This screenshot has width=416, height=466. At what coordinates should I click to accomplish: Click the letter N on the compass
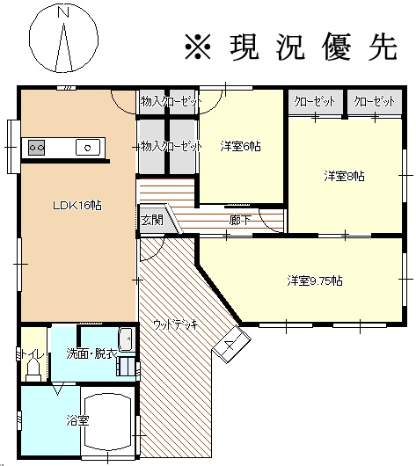click(x=63, y=12)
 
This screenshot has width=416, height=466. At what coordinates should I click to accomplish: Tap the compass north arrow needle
click(x=63, y=47)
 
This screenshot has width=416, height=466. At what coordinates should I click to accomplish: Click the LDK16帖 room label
click(x=77, y=206)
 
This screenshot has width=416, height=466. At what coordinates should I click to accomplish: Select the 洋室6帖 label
click(x=241, y=146)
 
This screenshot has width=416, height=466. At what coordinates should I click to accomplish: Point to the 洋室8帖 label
click(x=344, y=176)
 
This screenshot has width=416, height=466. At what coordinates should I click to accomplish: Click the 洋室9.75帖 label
click(x=315, y=280)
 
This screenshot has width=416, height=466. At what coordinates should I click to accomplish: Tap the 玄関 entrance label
click(x=152, y=220)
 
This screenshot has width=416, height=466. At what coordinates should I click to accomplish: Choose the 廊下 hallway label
click(x=240, y=220)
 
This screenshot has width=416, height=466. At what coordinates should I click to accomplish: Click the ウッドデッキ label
click(x=176, y=324)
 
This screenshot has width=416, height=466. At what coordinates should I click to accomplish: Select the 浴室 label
click(x=77, y=420)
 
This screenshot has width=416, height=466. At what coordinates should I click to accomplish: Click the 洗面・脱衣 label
click(x=91, y=353)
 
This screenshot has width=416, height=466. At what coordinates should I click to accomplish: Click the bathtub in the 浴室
click(x=107, y=422)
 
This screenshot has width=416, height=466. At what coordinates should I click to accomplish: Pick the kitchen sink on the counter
click(x=88, y=147)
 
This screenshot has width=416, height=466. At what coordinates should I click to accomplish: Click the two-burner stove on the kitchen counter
click(x=37, y=148)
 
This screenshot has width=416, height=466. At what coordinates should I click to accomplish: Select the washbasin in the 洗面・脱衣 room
click(x=125, y=339)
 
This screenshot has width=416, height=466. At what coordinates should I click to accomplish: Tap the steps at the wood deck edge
click(x=231, y=344)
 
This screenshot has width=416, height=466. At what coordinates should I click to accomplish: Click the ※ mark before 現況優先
click(x=198, y=47)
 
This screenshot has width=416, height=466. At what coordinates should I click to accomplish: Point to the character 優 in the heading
click(x=337, y=47)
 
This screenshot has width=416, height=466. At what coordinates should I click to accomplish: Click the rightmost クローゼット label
click(x=375, y=102)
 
